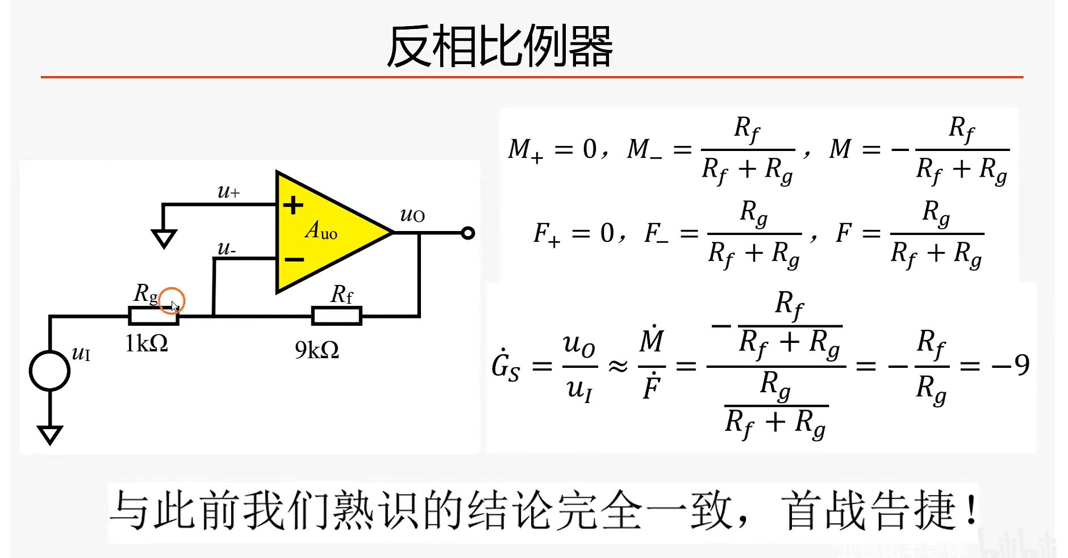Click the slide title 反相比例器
(499, 47)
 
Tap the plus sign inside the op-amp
(293, 205)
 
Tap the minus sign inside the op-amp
(294, 260)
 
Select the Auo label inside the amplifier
(322, 230)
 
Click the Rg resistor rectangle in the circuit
(153, 316)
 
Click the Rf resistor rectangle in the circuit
(337, 316)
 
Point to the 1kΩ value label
(147, 343)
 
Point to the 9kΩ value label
(316, 350)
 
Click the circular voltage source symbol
(50, 371)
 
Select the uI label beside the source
(81, 354)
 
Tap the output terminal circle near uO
(468, 233)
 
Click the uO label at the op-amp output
(412, 215)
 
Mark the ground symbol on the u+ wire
(164, 238)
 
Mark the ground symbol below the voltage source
(50, 434)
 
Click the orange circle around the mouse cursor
(172, 301)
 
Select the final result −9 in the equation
(1011, 365)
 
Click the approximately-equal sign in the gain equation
(618, 366)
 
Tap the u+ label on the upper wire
(228, 192)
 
